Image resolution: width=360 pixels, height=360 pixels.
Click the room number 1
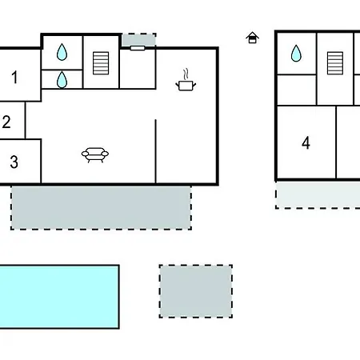14,78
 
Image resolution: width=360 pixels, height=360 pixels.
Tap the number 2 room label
6,122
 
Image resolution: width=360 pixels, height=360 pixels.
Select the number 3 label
14,162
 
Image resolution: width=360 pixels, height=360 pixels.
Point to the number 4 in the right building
306,142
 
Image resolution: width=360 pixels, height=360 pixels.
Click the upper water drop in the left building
62,52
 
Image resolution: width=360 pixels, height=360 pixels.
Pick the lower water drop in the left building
62,79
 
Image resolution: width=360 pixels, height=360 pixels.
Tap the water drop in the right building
296,53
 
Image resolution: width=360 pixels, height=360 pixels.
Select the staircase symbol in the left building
101,63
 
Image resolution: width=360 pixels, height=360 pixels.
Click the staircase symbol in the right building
335,63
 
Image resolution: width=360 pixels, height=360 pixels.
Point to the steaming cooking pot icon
186,80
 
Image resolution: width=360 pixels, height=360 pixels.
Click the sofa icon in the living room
95,155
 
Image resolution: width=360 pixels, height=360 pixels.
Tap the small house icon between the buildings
252,38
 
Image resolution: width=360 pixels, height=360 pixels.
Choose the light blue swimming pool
59,297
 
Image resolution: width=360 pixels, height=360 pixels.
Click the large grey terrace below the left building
101,207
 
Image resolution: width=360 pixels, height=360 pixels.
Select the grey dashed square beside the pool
196,291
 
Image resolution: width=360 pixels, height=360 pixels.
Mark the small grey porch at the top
139,40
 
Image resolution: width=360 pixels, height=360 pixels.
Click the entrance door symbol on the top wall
138,48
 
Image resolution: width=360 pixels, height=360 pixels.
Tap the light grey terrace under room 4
318,195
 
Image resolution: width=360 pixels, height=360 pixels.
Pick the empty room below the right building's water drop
297,90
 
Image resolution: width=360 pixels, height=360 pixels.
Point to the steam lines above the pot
186,74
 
